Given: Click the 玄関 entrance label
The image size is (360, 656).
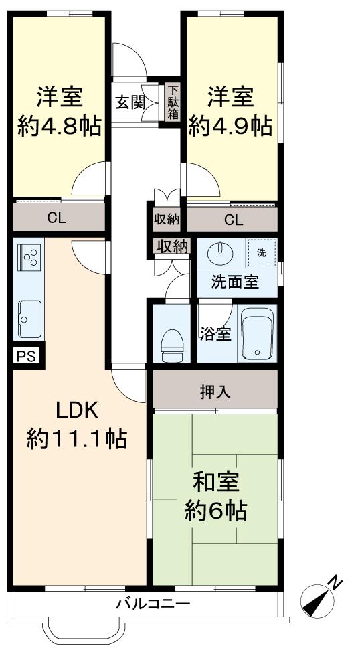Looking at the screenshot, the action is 128,103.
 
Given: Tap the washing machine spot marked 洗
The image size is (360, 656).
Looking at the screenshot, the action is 262,253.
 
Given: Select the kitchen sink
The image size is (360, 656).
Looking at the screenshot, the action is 30,319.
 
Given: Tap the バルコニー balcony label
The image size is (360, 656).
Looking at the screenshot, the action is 153,604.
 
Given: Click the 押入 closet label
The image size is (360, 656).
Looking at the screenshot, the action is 215,392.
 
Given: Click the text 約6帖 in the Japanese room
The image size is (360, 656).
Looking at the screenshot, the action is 215,509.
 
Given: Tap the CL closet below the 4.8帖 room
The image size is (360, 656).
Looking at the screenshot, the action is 59,218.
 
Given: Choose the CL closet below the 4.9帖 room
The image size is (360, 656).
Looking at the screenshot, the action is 232,219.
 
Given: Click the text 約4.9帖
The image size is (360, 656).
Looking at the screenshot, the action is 230,125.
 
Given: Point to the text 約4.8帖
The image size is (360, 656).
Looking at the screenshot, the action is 60,125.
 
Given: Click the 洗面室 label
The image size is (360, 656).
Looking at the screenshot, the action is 235,282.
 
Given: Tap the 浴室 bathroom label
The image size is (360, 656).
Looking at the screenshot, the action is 215,334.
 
